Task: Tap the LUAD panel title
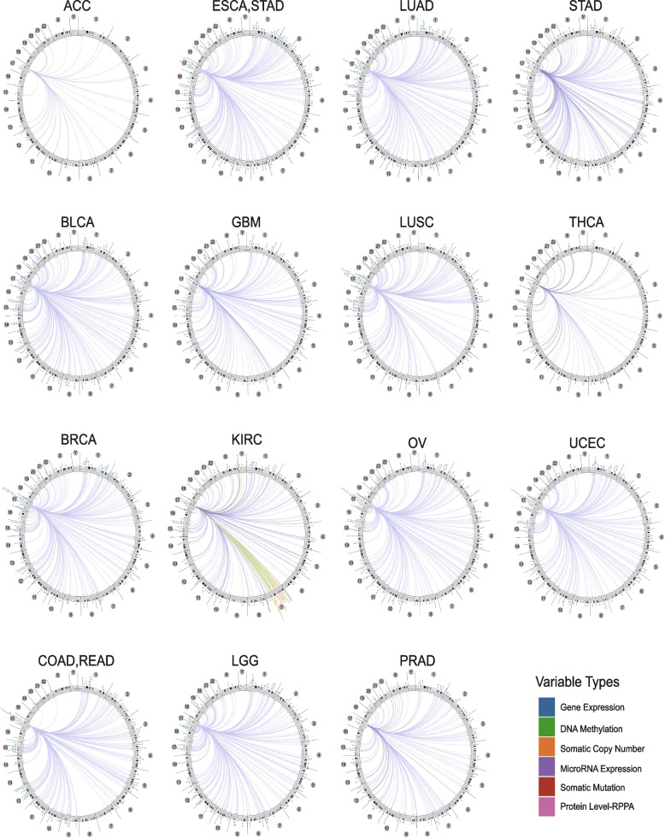(409, 10)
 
